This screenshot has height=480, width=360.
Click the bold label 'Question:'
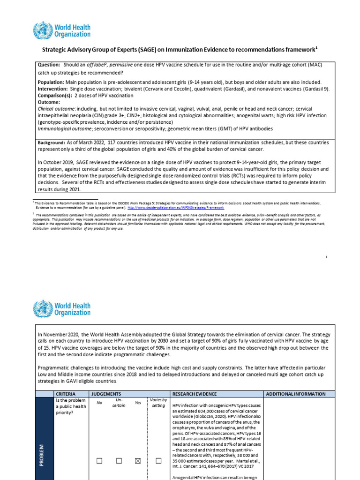(49, 65)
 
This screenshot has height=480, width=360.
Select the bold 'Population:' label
(51, 82)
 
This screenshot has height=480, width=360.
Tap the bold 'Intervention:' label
(52, 89)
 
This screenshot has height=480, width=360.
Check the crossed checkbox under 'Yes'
(138, 461)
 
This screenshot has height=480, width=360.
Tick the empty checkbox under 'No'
(99, 461)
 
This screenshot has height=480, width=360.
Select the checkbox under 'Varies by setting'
(158, 461)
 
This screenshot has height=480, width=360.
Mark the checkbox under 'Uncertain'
(119, 461)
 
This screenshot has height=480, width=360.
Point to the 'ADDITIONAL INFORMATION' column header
(296, 394)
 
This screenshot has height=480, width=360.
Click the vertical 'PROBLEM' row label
(41, 453)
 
